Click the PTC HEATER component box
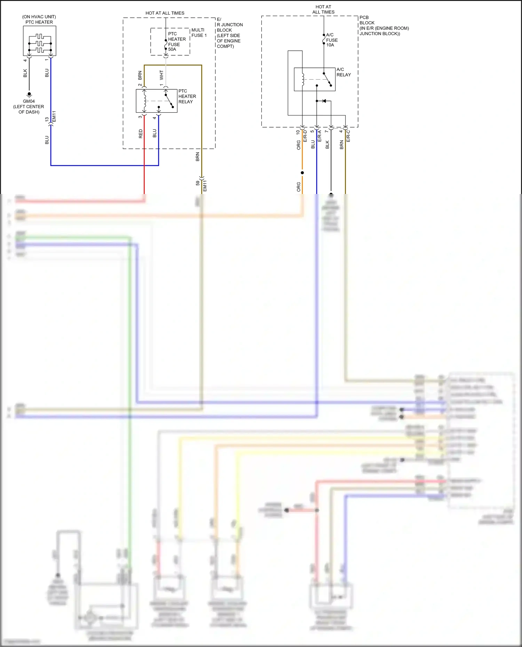tap(39, 41)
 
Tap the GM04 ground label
tap(29, 101)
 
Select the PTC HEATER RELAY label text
tap(187, 96)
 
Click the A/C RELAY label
tap(343, 72)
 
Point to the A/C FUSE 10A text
tap(332, 40)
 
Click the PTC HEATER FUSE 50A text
tap(176, 42)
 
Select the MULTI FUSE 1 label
tap(199, 33)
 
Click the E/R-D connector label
tap(305, 136)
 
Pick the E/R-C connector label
tap(348, 136)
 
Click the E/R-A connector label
tap(319, 136)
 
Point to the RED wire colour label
tap(141, 134)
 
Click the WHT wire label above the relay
tap(161, 75)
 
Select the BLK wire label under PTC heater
tap(25, 73)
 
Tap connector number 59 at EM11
tap(198, 183)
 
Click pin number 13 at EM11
tap(47, 119)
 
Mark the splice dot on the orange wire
tap(302, 173)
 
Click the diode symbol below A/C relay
tap(324, 101)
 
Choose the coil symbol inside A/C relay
tap(303, 79)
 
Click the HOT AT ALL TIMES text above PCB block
tap(323, 9)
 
